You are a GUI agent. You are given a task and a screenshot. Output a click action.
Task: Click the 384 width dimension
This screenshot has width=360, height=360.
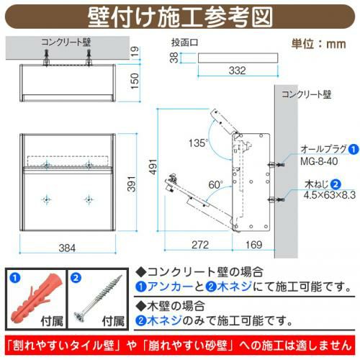[x=67, y=248]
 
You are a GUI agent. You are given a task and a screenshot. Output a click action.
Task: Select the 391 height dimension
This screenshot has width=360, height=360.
[x=131, y=184]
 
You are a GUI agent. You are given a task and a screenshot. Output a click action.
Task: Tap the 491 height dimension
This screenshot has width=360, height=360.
[x=153, y=166]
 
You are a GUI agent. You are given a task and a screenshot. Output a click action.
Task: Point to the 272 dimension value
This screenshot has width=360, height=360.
[x=200, y=245]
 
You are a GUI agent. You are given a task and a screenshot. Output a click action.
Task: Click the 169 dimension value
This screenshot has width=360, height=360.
[x=254, y=245]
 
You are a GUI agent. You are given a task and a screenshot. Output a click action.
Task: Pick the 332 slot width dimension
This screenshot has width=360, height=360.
[x=238, y=71]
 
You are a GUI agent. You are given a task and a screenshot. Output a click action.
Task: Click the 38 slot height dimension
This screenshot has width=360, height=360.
[x=174, y=58]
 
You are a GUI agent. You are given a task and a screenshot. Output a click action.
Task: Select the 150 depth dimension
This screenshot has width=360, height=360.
[x=135, y=81]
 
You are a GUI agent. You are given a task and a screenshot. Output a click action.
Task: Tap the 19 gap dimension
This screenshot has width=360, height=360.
[x=135, y=51]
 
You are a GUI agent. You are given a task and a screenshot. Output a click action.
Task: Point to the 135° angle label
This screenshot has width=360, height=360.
[x=197, y=143]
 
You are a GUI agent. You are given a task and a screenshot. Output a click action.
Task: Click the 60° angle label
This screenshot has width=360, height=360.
[x=215, y=185]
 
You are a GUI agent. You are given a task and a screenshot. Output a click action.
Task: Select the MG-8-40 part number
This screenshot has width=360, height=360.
[x=319, y=161]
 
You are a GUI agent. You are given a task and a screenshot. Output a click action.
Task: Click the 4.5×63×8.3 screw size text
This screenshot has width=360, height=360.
[x=330, y=195]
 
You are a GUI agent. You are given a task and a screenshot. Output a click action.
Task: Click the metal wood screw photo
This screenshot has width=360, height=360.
[x=98, y=298]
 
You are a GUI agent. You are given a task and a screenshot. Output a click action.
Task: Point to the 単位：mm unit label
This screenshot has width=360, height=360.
[x=319, y=44]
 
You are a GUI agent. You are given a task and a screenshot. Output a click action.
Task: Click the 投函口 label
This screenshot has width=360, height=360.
[x=185, y=42]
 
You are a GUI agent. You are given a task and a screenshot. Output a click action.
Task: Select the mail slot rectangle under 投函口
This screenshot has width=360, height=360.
[x=238, y=58]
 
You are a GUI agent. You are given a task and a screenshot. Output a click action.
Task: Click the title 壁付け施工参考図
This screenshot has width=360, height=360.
[x=180, y=17]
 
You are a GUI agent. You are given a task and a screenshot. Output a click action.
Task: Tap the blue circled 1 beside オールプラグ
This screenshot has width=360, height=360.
[x=353, y=149]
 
